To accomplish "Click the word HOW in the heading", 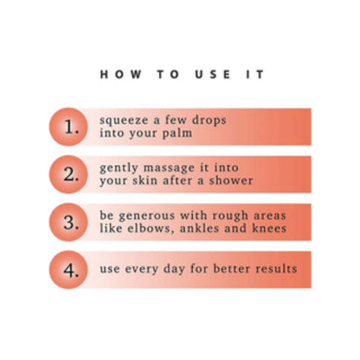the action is (x=120, y=74).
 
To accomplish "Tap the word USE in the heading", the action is (x=213, y=74).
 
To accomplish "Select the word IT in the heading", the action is (x=255, y=74).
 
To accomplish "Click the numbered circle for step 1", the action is (x=68, y=127).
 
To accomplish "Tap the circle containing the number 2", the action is (x=68, y=175).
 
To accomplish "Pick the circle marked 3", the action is (x=68, y=222).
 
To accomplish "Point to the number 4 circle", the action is (x=68, y=270).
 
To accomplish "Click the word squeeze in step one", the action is (x=124, y=120).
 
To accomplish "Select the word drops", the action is (x=209, y=120).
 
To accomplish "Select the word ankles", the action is (x=199, y=228).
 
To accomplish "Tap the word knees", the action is (x=269, y=228).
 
